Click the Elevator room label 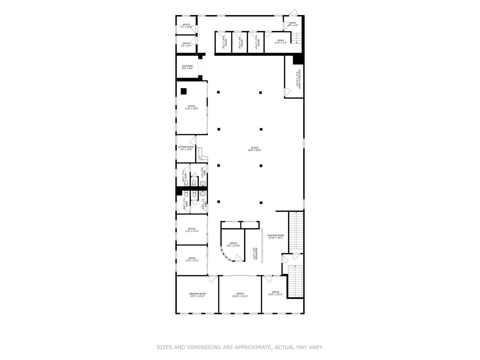click(x=187, y=67)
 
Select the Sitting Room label click(x=186, y=148)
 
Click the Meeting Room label click(x=197, y=295)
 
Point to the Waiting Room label click(x=276, y=237)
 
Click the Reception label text click(x=255, y=254)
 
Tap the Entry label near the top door click(x=293, y=24)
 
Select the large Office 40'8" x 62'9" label click(x=255, y=149)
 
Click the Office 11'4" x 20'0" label click(x=192, y=107)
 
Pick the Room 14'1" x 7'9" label click(x=281, y=42)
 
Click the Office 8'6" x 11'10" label click(x=233, y=245)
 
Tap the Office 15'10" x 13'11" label click(x=240, y=295)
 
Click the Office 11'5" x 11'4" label click(x=192, y=230)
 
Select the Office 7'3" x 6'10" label click(x=186, y=26)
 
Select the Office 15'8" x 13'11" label click(x=275, y=293)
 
